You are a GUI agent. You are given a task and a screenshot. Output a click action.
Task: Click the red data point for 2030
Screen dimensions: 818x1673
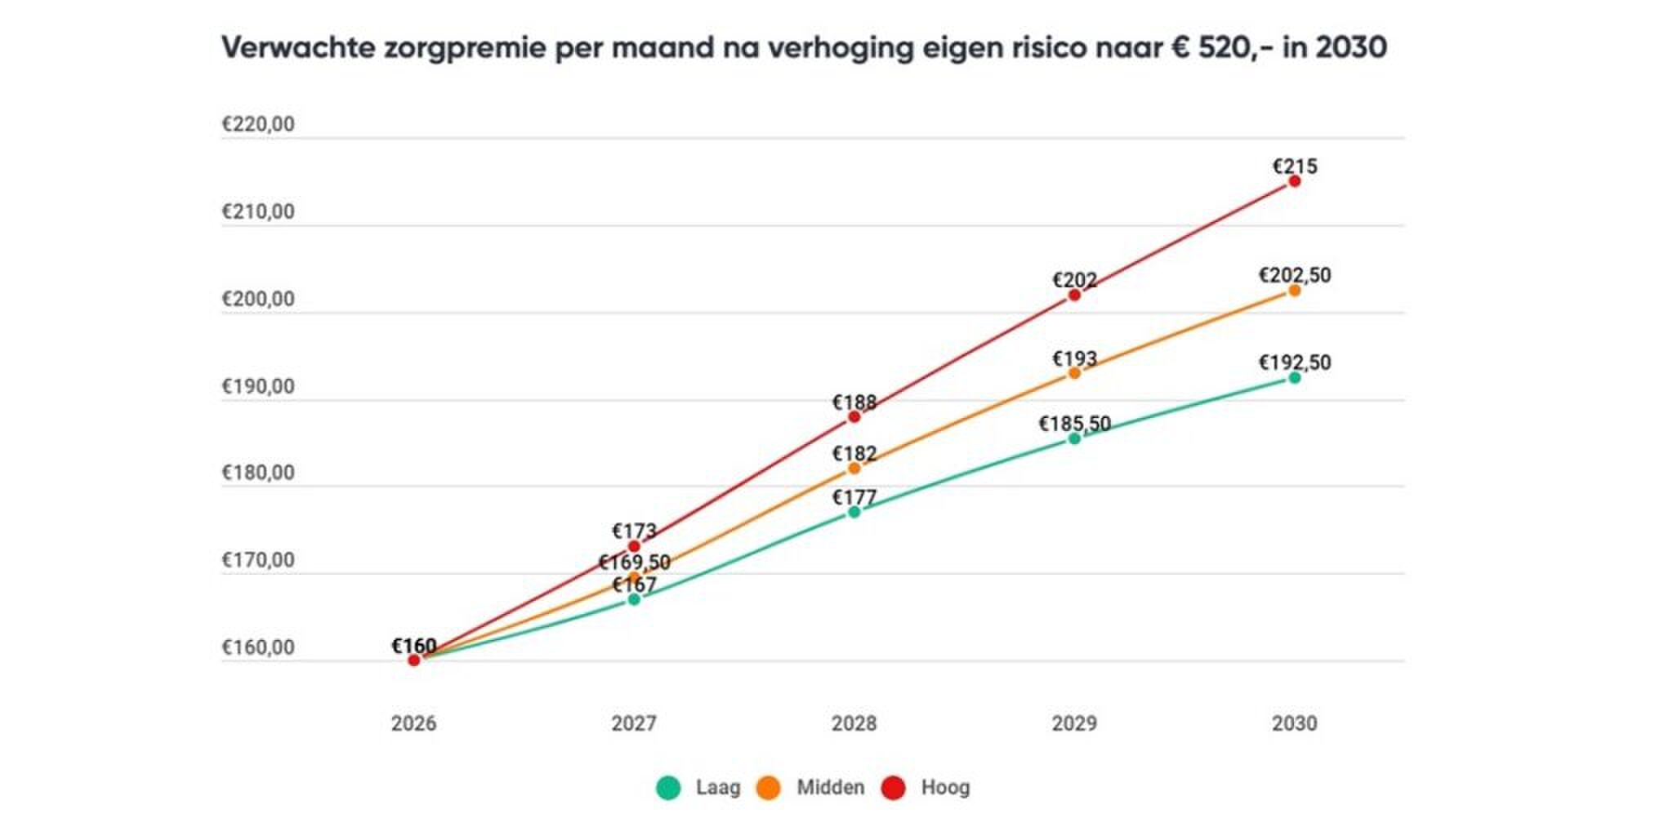[1294, 181]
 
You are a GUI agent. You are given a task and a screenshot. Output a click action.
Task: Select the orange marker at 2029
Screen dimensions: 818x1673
[1074, 373]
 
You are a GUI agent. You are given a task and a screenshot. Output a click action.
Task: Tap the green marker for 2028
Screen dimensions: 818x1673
[854, 512]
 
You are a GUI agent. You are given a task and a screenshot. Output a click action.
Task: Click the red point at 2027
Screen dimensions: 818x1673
[634, 546]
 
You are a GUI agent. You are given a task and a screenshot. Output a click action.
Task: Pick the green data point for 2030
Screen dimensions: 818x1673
[1294, 377]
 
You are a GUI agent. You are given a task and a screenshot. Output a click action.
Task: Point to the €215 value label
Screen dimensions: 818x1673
[1294, 167]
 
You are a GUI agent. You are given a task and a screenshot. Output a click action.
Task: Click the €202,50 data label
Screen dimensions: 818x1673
[1294, 275]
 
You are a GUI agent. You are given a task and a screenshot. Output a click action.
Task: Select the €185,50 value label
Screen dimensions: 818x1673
[1074, 424]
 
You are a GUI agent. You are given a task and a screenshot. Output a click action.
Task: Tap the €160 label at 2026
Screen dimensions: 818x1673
[413, 646]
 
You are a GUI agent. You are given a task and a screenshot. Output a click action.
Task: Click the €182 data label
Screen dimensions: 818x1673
[854, 453]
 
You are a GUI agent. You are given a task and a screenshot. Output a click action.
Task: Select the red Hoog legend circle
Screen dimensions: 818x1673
[894, 788]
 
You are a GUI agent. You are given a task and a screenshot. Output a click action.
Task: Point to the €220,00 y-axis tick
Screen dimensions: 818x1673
[258, 125]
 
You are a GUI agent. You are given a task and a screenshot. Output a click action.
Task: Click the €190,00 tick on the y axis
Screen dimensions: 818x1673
[258, 386]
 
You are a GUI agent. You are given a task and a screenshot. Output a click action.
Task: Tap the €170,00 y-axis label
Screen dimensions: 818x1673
[258, 560]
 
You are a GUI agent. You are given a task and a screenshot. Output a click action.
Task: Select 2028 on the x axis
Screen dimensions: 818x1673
[854, 723]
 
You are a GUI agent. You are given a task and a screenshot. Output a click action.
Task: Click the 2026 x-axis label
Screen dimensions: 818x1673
[413, 723]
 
